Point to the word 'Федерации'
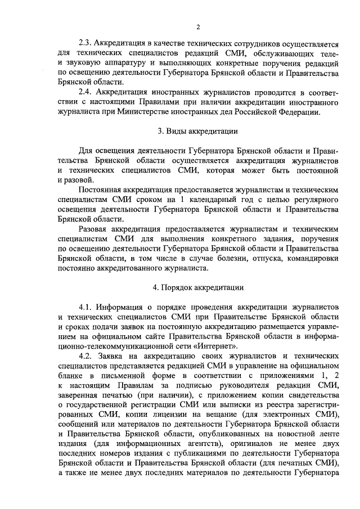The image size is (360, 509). pos(300,111)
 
